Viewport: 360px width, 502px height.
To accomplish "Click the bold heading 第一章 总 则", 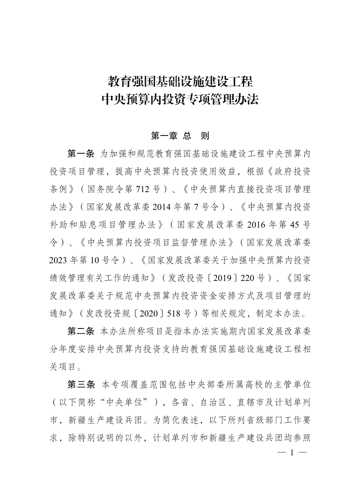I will coord(180,135).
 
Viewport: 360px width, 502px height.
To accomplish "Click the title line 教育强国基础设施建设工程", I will coord(180,82).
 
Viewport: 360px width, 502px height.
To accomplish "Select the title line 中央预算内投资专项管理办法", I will coord(180,99).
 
